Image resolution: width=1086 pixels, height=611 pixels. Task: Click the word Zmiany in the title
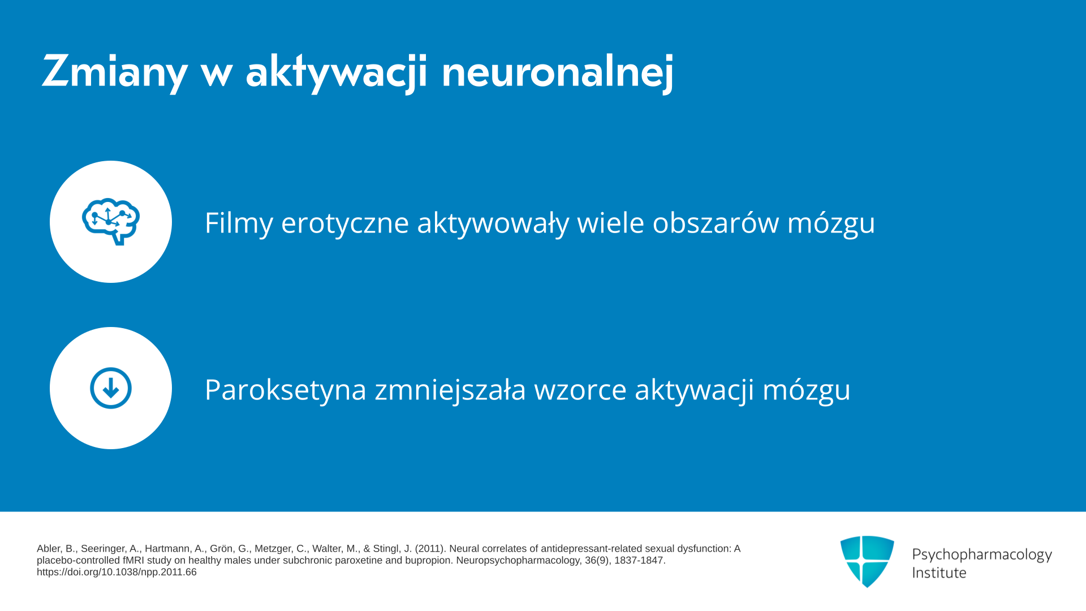point(114,71)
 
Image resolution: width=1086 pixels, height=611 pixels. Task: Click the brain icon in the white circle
point(111,221)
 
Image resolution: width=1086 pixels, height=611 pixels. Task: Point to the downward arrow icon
point(111,388)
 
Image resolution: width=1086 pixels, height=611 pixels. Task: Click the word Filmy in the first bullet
point(239,222)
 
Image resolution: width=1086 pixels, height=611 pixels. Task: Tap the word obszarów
point(716,222)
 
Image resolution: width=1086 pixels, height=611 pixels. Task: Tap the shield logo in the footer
point(867,561)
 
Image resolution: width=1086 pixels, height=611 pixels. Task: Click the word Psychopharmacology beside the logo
point(982,555)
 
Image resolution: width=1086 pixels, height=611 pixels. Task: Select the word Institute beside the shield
point(939,573)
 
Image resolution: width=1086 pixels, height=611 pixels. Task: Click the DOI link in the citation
point(117,572)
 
